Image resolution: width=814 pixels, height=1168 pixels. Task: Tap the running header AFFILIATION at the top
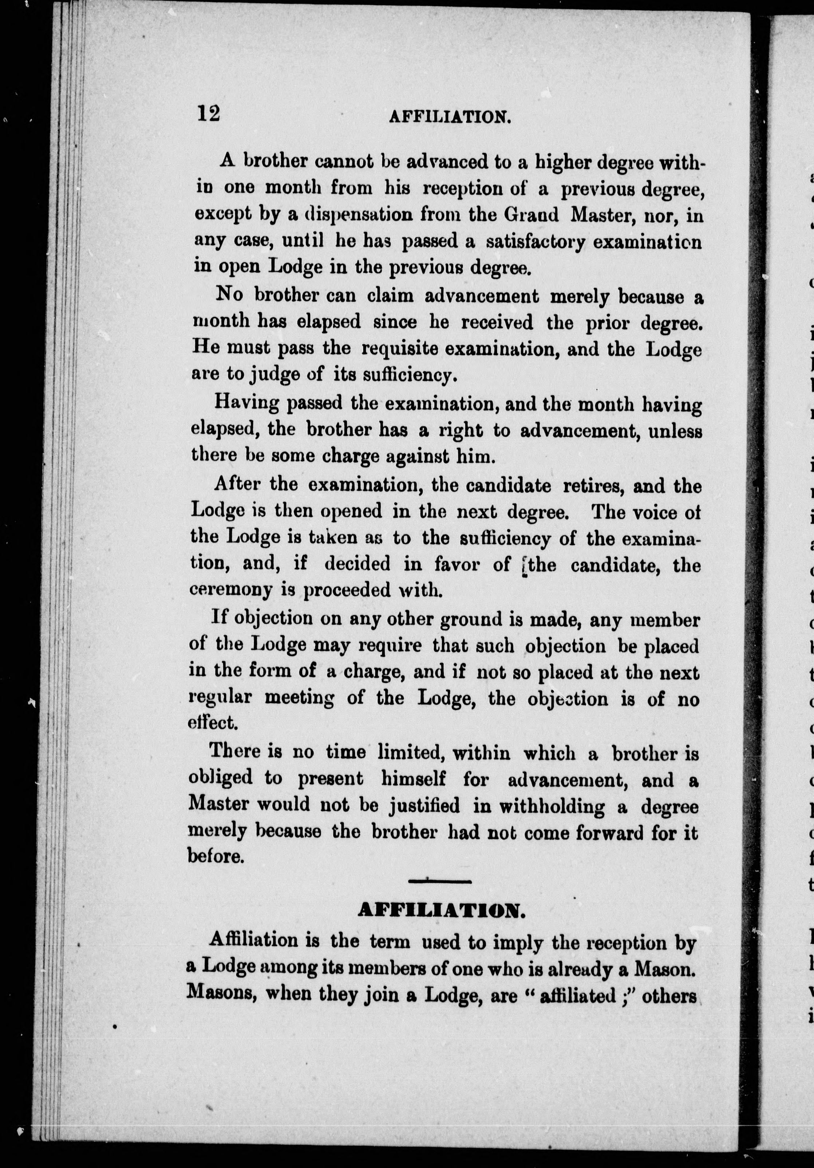coord(449,118)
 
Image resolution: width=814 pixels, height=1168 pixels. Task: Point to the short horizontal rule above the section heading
coord(440,881)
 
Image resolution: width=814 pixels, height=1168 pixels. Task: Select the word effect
coord(213,722)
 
